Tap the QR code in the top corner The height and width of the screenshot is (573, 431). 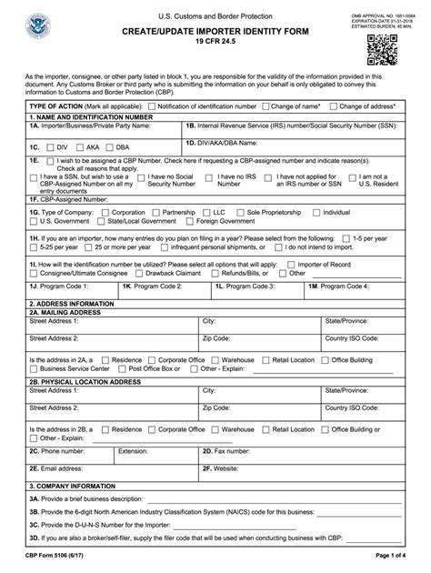(x=381, y=53)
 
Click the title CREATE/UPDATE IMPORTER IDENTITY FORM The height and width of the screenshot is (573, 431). (x=215, y=31)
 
